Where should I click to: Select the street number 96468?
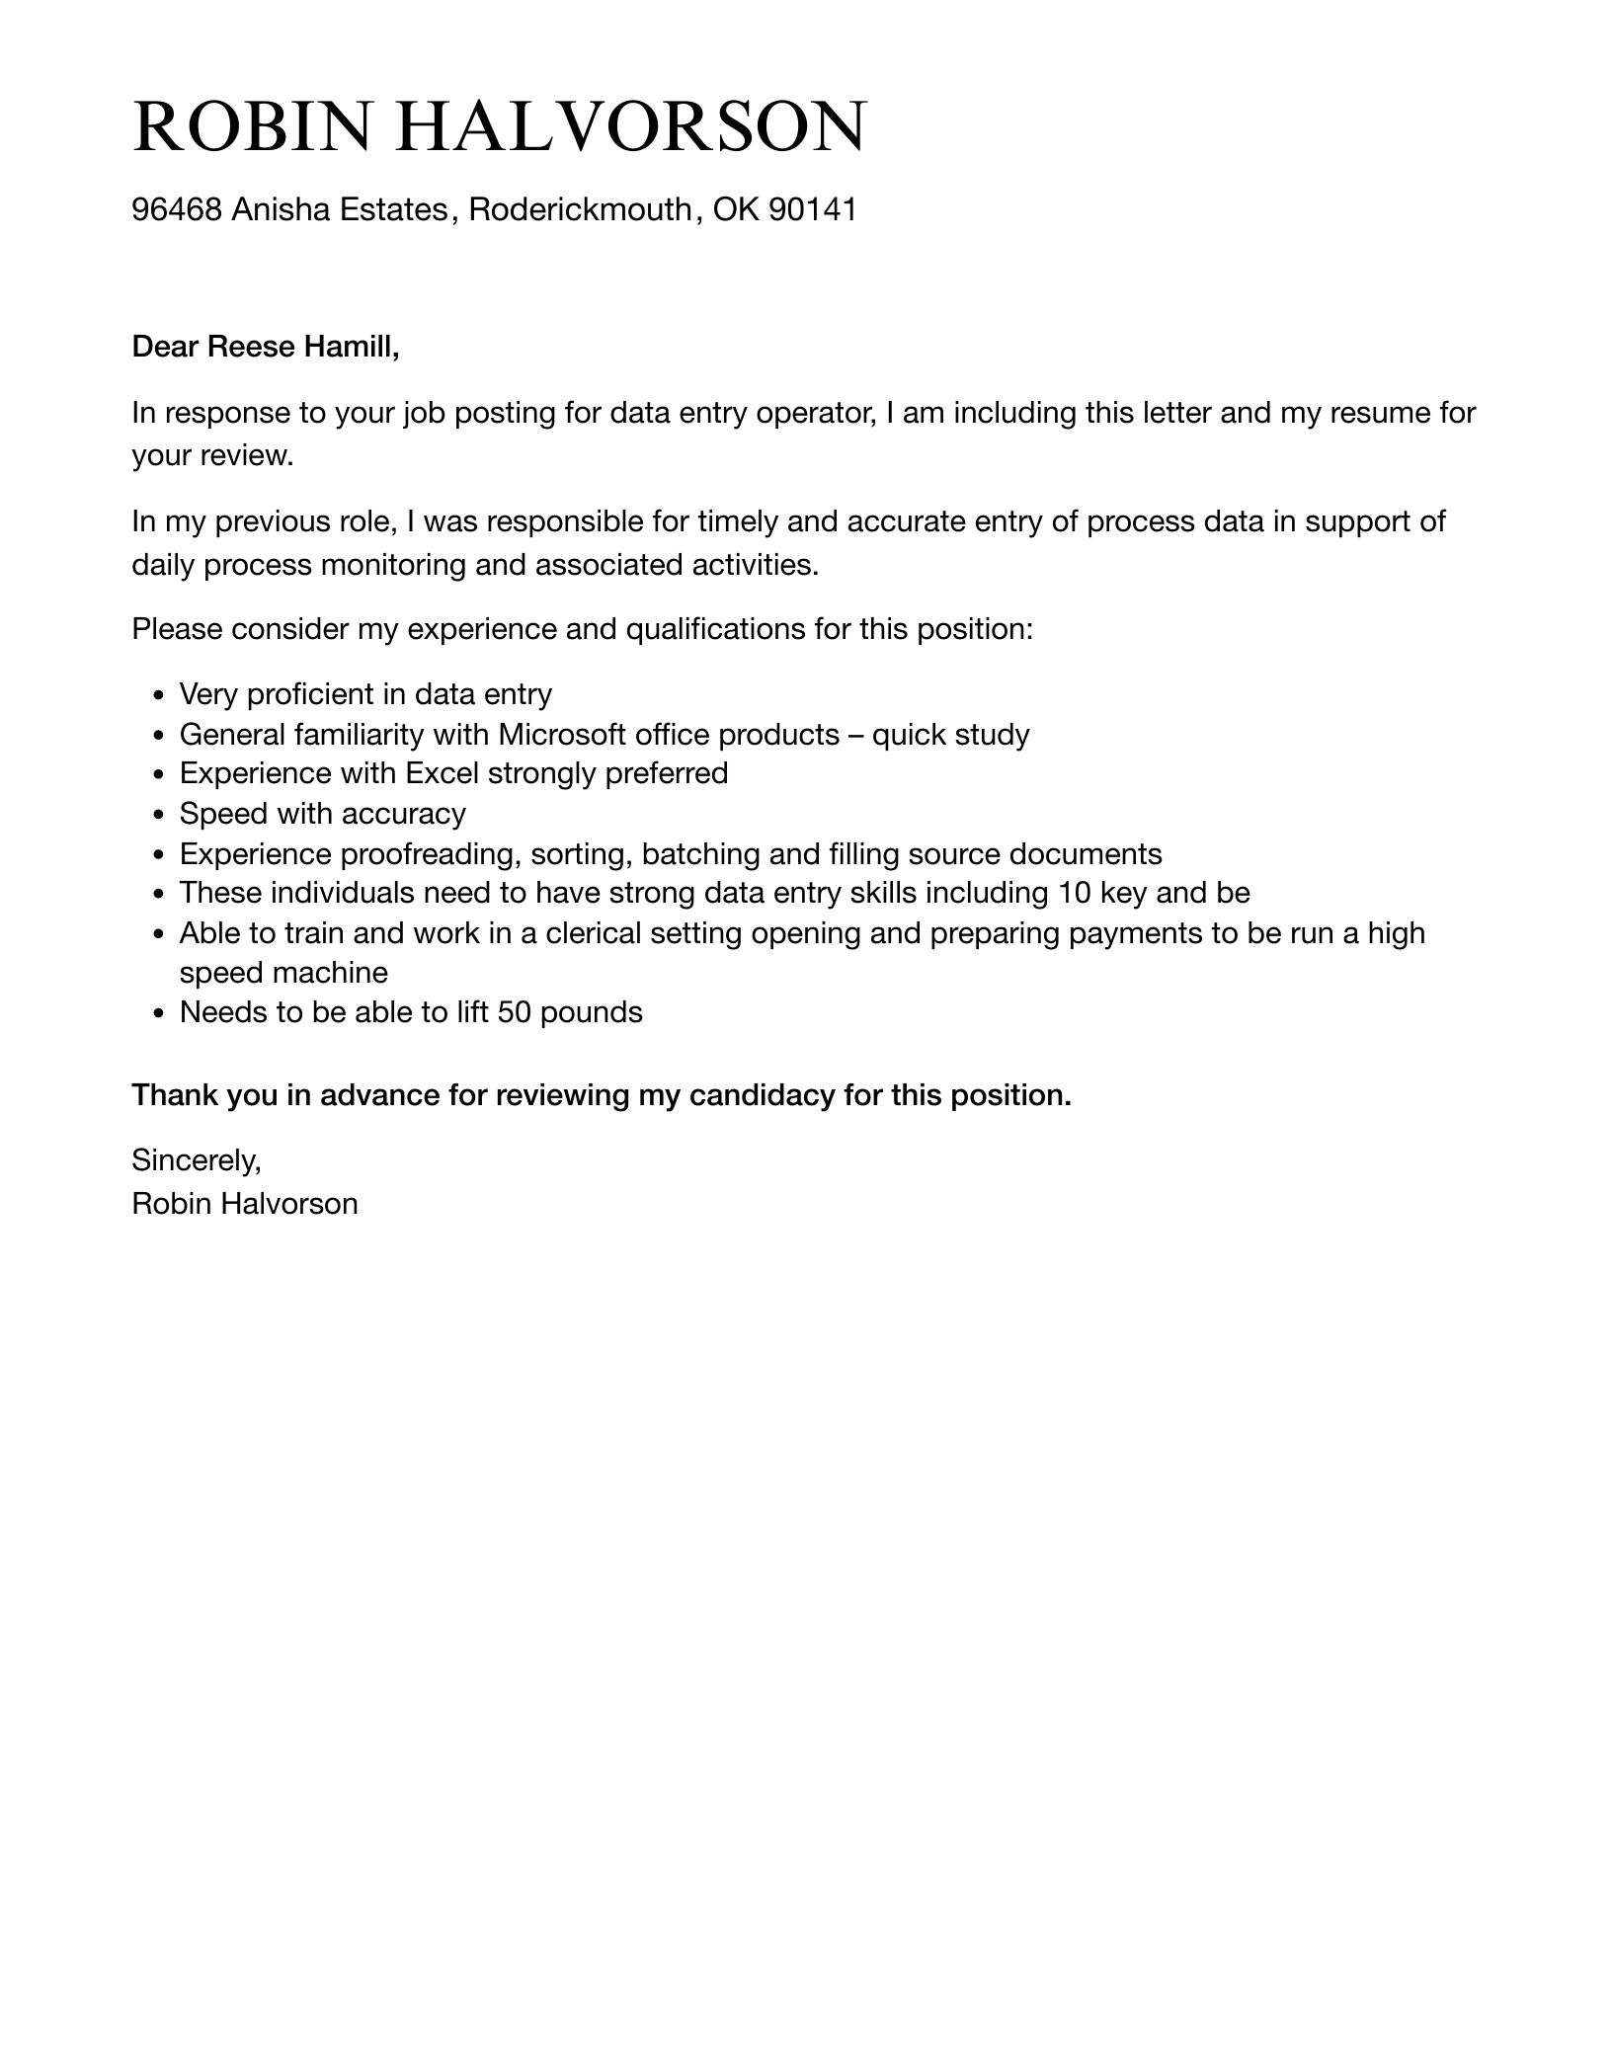(177, 209)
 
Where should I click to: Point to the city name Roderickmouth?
(581, 209)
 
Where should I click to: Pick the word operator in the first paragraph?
(815, 413)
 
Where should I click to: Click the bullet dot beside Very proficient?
(159, 696)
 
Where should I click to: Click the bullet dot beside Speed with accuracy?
(159, 815)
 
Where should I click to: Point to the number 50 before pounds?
(515, 1012)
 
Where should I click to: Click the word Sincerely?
(197, 1160)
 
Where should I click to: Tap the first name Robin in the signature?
(172, 1204)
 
